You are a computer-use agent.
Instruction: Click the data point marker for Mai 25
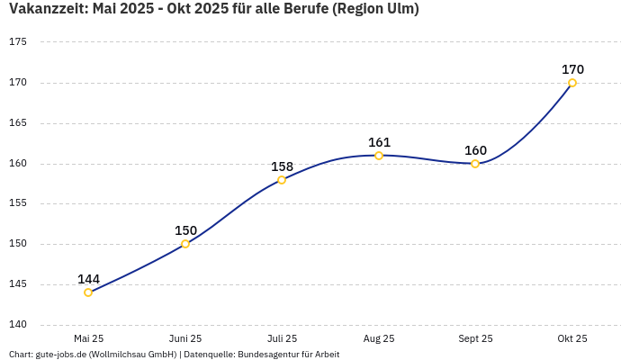(88, 292)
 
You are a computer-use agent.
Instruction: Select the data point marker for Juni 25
(185, 244)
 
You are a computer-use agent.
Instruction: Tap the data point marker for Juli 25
(282, 180)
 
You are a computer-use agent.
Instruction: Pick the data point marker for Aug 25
(379, 156)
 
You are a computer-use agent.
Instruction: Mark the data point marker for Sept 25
(475, 164)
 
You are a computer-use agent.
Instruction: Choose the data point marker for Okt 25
(572, 83)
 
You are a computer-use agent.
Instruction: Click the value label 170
(572, 69)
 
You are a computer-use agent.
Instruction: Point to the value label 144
(88, 279)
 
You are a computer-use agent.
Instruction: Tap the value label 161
(379, 142)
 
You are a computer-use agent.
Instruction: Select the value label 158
(282, 166)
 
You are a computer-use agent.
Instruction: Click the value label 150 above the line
(185, 230)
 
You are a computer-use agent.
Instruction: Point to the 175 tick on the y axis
(18, 42)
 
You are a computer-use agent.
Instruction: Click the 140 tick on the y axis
(18, 325)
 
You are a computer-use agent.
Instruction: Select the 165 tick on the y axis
(18, 123)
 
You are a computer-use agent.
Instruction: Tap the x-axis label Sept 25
(475, 339)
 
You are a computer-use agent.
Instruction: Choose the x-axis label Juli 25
(282, 339)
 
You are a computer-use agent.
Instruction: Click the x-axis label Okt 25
(572, 339)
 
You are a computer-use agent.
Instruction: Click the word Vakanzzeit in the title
(48, 9)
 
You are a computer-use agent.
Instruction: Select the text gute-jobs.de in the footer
(60, 355)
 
